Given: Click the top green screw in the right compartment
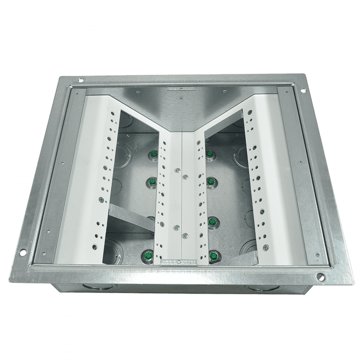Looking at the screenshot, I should tap(210, 154).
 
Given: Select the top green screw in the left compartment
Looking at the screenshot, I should tap(153, 154).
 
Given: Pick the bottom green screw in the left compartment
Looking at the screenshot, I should tap(148, 254).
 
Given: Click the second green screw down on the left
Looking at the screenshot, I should tap(153, 181).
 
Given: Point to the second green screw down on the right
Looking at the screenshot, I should tap(211, 181).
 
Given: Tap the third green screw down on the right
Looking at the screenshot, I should tap(212, 222).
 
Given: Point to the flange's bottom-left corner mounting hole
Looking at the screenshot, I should tap(23, 252).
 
